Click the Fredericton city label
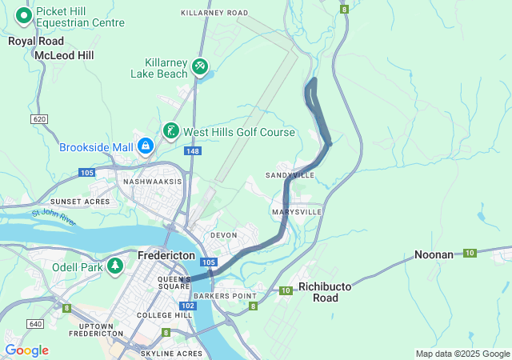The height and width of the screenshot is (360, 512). tap(166, 255)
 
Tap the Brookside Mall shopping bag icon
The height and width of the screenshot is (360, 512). tap(146, 146)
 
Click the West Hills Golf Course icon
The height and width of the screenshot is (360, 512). tap(170, 131)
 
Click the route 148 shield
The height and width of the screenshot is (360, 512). tap(192, 150)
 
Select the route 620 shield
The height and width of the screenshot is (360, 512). tap(38, 118)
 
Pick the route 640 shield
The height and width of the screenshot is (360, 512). tap(34, 323)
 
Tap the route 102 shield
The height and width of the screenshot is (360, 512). tap(188, 306)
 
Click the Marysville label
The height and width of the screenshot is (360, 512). tap(296, 212)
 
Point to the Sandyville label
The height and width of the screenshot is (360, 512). tap(290, 174)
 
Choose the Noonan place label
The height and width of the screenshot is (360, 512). tap(434, 254)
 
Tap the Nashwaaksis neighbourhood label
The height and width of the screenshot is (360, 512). tap(152, 182)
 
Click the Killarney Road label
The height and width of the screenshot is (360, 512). tap(214, 14)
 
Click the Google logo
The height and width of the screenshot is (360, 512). tap(26, 350)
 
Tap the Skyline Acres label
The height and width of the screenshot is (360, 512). tap(171, 353)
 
